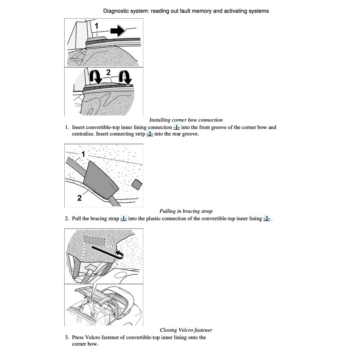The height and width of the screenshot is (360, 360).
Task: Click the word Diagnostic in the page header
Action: point(116,11)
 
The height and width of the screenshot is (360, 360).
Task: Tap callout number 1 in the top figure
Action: point(96,26)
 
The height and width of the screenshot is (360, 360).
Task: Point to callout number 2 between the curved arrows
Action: point(108,72)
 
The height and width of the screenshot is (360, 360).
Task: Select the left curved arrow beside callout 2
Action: point(95,77)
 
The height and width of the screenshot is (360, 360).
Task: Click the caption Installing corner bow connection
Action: point(186,120)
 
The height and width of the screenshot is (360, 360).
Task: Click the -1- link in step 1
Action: point(176,127)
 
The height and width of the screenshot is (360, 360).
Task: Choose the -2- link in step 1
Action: point(150,134)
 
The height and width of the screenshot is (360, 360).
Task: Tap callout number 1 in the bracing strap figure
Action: point(83,154)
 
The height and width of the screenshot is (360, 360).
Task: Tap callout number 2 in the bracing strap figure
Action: point(79,198)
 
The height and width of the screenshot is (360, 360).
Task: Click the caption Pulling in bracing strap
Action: point(186,211)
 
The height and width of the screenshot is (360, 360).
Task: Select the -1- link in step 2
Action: point(123,219)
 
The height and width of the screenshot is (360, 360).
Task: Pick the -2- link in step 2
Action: point(267,219)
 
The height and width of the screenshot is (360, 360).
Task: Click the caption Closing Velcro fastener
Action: point(186,330)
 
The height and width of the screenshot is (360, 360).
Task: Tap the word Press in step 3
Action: point(78,337)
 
